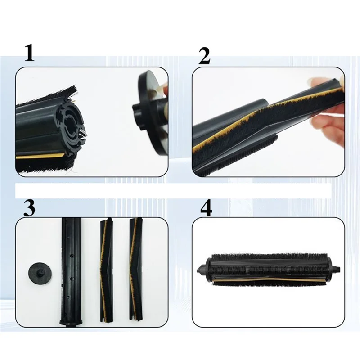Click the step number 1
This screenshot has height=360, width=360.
(x=29, y=53)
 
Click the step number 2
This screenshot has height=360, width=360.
(x=204, y=56)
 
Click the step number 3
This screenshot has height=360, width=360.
(x=29, y=207)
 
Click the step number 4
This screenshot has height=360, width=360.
(x=206, y=208)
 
